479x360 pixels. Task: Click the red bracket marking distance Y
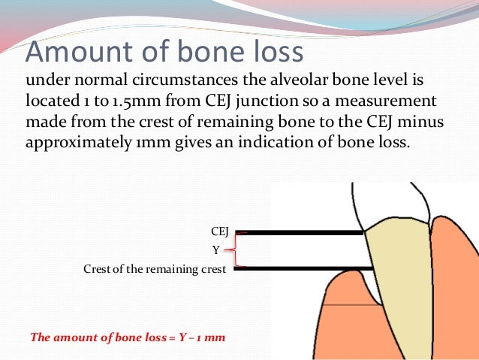pyautogui.click(x=239, y=250)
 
